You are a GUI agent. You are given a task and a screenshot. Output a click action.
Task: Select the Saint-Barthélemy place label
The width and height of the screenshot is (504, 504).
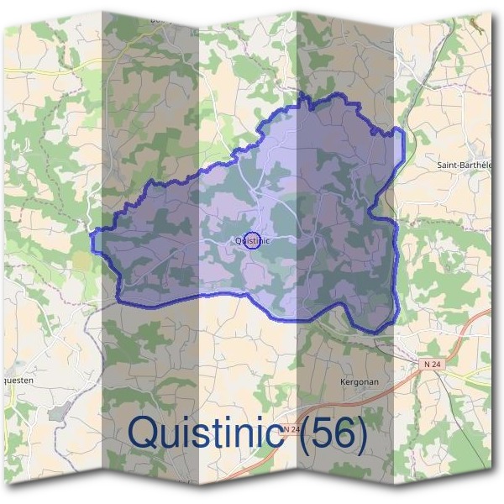pos(465,165)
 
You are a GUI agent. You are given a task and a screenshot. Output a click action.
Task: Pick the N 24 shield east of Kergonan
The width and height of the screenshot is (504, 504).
pos(432,363)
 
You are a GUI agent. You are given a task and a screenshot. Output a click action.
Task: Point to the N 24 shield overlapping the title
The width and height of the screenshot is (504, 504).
pos(289,429)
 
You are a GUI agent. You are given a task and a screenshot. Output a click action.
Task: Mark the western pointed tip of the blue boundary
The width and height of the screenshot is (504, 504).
pos(93,242)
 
